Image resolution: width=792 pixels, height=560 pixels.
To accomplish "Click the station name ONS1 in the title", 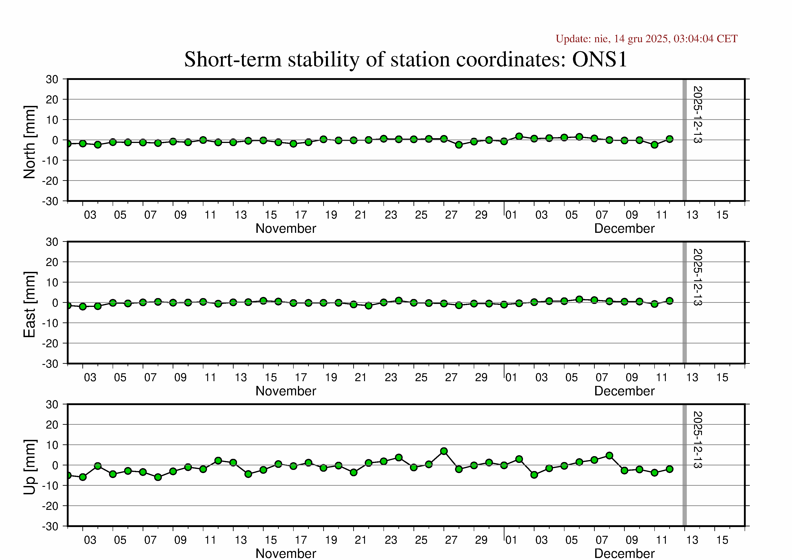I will point(599,59).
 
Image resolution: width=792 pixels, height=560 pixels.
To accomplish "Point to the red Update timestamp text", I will point(646,39).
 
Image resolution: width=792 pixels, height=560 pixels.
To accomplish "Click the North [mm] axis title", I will point(30,142).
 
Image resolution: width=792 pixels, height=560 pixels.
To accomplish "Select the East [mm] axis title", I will point(30,304).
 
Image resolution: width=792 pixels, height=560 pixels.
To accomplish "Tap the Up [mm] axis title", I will point(30,467).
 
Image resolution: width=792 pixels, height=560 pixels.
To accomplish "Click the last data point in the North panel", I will point(669,139).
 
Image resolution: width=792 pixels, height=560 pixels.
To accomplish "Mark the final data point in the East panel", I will point(669,301).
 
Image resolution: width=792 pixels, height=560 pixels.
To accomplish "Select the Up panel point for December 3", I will point(534,475).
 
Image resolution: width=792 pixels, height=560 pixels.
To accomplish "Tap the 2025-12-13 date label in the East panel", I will point(697,277).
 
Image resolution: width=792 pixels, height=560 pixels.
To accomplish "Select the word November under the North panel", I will point(286,229).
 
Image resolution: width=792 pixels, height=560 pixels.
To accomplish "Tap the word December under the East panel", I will point(624,391).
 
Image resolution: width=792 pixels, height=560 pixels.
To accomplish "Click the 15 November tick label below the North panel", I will point(271,215).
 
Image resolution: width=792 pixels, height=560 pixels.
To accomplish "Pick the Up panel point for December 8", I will point(609,455).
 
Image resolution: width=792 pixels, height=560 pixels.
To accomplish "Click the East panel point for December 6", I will point(579,299).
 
